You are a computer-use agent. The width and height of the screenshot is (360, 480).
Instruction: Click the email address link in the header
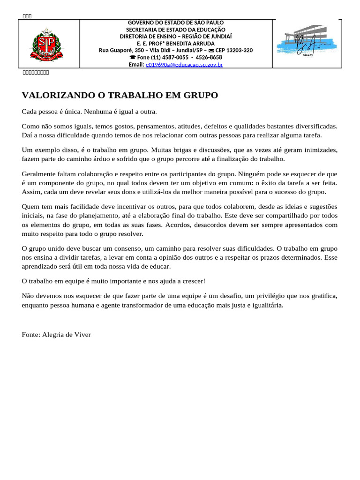click(184, 65)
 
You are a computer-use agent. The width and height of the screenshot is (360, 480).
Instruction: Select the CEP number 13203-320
click(236, 51)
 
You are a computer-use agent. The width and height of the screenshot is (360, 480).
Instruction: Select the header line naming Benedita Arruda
click(172, 44)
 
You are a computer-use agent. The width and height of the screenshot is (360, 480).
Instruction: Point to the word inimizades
click(319, 150)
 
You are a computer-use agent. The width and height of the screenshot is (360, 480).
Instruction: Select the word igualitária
click(266, 305)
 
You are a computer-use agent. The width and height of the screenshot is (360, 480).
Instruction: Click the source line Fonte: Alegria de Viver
click(56, 335)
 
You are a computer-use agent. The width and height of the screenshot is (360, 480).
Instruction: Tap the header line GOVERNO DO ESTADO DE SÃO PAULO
click(176, 22)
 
